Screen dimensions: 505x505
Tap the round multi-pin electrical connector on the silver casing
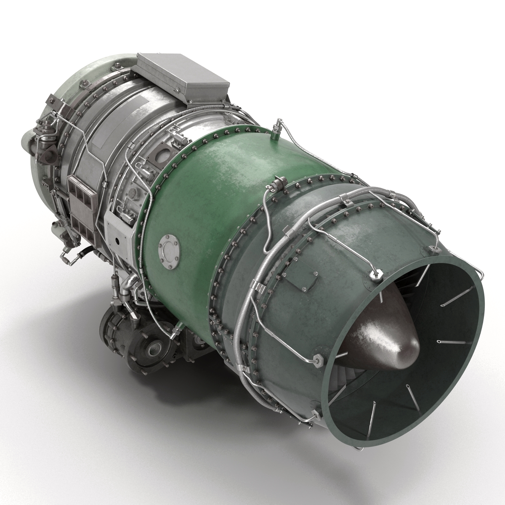pyautogui.click(x=133, y=194)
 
